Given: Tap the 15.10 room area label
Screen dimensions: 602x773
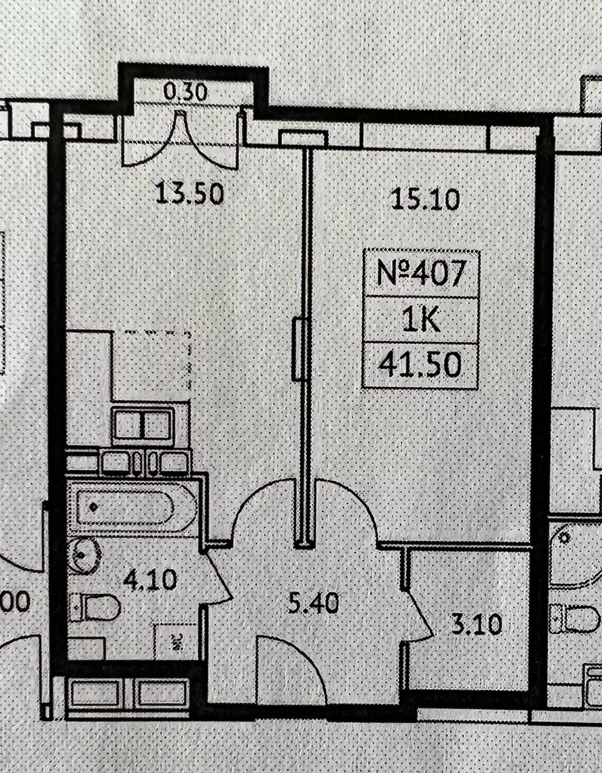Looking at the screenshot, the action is click(x=426, y=198).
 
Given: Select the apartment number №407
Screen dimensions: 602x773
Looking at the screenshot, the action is click(x=421, y=274).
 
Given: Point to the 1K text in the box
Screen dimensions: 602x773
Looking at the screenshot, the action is click(x=421, y=320).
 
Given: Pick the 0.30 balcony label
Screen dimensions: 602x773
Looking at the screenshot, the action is click(x=186, y=92).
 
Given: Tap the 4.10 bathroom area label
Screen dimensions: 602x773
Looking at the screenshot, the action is click(x=150, y=580).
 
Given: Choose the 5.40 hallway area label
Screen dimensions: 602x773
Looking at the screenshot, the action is click(x=313, y=602).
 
